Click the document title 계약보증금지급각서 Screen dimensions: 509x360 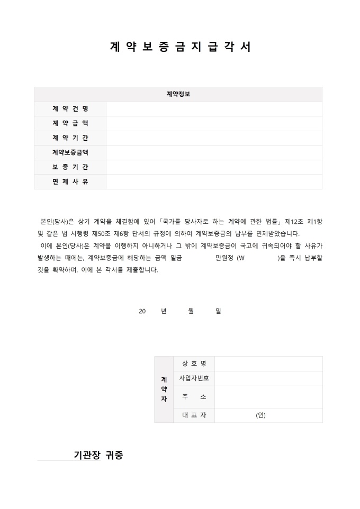click(180, 47)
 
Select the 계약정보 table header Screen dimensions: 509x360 click(178, 94)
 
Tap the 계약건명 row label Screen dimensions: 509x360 click(70, 109)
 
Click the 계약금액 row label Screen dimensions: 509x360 click(70, 123)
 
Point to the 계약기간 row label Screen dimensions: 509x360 click(70, 138)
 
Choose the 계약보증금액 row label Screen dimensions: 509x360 click(70, 152)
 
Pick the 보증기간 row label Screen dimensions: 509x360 click(70, 167)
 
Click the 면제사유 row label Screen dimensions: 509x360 click(70, 181)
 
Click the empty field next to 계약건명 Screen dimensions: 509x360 click(214, 109)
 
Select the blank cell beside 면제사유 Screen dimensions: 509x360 click(214, 181)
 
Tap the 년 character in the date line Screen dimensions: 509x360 click(164, 311)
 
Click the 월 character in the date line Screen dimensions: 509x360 click(191, 311)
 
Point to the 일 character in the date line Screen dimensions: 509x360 click(218, 311)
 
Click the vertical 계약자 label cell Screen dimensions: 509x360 click(164, 389)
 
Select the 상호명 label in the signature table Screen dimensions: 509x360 click(194, 363)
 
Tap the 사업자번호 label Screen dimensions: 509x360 click(194, 378)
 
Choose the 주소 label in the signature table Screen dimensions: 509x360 click(194, 397)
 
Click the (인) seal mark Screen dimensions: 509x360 click(260, 415)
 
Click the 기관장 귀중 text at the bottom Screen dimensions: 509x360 click(98, 455)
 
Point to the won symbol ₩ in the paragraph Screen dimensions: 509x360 click(241, 259)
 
